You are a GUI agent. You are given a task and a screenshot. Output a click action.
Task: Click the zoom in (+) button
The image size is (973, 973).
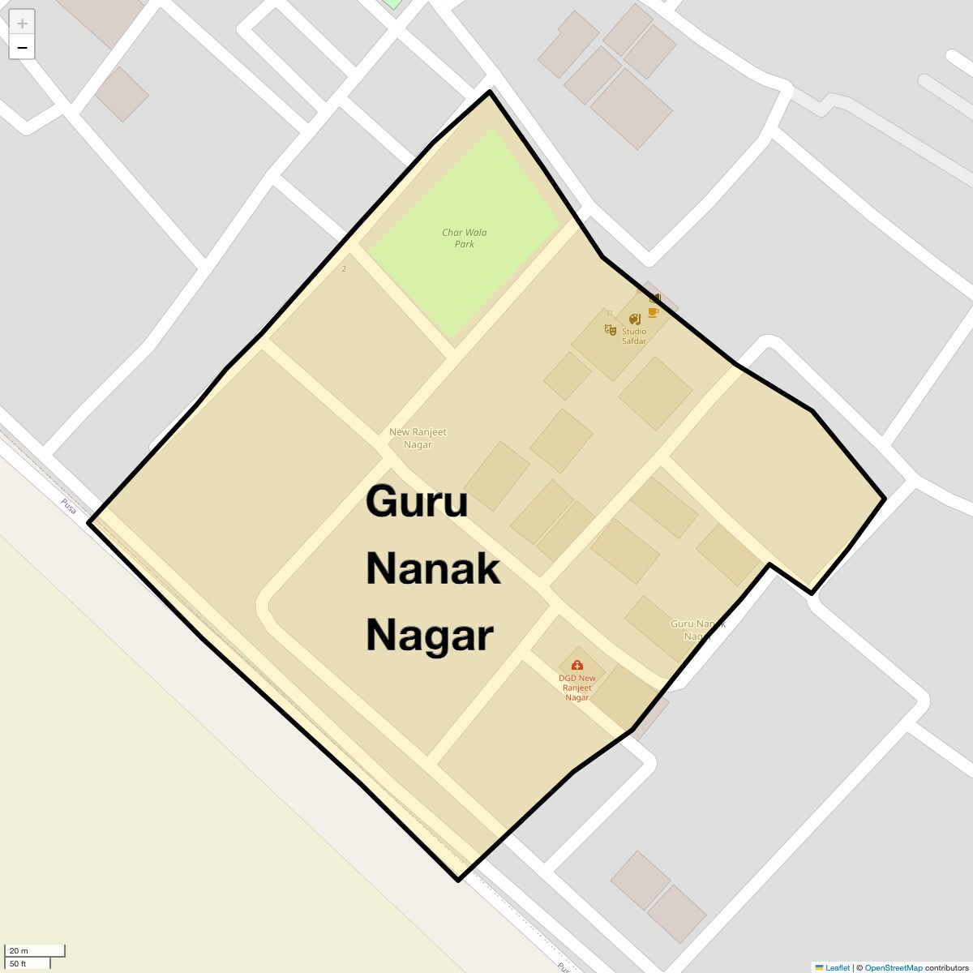pyautogui.click(x=22, y=23)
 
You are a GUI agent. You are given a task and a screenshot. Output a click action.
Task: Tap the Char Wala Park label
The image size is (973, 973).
pyautogui.click(x=465, y=238)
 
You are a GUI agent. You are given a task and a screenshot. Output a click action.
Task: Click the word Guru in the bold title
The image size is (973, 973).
pyautogui.click(x=417, y=501)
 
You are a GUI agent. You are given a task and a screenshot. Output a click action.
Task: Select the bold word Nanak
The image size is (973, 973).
pyautogui.click(x=433, y=568)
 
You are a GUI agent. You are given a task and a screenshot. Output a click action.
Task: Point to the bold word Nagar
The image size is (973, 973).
pyautogui.click(x=430, y=635)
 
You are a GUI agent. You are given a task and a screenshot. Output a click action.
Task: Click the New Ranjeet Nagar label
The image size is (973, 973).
pyautogui.click(x=418, y=438)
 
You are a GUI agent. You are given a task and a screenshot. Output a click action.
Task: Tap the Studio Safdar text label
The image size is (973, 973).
pyautogui.click(x=634, y=336)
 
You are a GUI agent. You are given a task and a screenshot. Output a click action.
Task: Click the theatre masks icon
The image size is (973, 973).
pyautogui.click(x=610, y=329)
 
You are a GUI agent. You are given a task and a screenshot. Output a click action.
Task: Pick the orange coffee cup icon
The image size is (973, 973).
pyautogui.click(x=653, y=312)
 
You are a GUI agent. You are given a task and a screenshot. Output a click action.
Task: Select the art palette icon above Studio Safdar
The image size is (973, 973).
pyautogui.click(x=634, y=319)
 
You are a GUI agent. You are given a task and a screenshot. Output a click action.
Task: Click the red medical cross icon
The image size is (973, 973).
pyautogui.click(x=577, y=666)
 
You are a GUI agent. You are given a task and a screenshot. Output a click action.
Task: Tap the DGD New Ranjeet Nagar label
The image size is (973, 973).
pyautogui.click(x=577, y=688)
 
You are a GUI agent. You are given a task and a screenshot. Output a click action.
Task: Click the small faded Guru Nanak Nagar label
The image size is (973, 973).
pyautogui.click(x=697, y=630)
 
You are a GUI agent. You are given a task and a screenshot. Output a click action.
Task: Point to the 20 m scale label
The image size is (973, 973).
pyautogui.click(x=19, y=950)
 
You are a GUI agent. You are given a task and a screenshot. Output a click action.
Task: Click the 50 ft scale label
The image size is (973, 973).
pyautogui.click(x=18, y=964)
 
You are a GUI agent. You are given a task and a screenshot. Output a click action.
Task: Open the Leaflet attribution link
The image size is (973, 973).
pyautogui.click(x=838, y=967)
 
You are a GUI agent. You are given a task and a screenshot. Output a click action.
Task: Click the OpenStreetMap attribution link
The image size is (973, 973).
pyautogui.click(x=893, y=967)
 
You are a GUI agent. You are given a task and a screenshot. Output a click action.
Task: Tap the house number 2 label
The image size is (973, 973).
pyautogui.click(x=344, y=269)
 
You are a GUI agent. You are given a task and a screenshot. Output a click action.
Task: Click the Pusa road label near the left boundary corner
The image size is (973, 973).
pyautogui.click(x=69, y=506)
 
